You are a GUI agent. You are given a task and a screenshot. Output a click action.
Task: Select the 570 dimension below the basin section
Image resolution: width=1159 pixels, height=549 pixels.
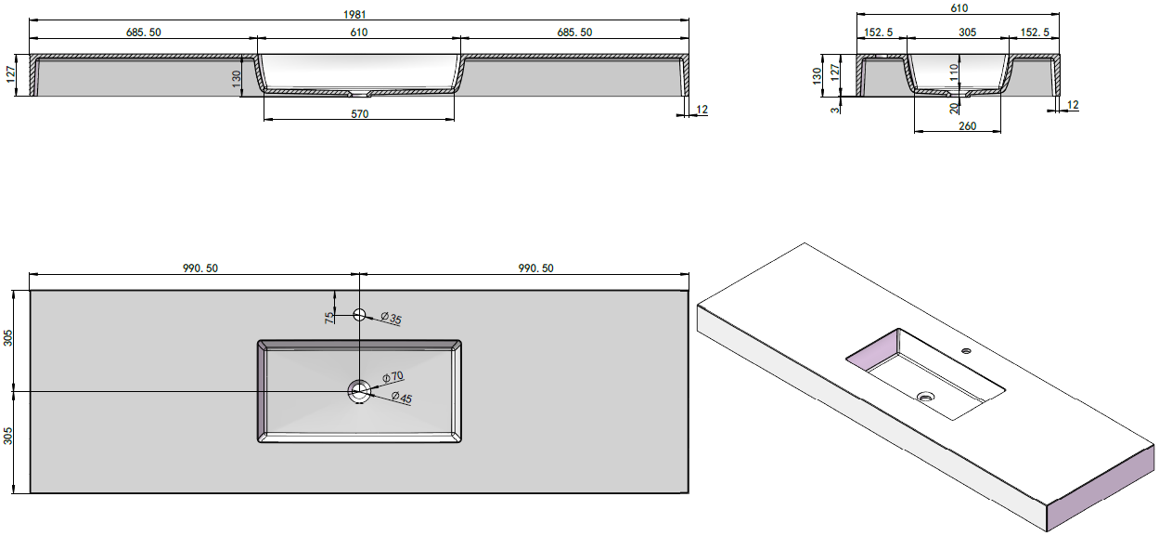click(x=360, y=114)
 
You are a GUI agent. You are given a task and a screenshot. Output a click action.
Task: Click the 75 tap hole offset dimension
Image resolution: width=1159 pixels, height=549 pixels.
click(x=329, y=317)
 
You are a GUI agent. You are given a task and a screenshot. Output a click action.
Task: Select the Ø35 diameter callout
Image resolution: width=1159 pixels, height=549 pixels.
click(x=392, y=320)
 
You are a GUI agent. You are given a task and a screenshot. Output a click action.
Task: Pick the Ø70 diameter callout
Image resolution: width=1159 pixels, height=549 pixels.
click(x=393, y=378)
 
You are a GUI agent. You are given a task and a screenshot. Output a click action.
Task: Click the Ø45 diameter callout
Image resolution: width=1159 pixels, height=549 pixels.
click(x=401, y=398)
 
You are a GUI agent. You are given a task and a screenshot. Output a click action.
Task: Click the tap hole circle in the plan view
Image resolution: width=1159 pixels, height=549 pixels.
click(x=360, y=315)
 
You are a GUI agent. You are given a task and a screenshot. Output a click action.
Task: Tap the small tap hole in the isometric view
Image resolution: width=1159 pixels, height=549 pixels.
click(x=966, y=351)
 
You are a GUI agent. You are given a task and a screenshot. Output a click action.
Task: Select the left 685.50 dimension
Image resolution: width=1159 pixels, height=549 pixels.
click(x=143, y=33)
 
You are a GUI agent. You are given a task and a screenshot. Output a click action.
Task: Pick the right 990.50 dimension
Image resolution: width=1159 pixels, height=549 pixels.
click(x=535, y=268)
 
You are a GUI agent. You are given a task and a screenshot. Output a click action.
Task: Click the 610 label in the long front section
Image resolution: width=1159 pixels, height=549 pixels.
click(x=359, y=33)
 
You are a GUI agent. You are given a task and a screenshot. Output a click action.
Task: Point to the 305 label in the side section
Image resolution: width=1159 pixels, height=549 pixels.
click(x=967, y=33)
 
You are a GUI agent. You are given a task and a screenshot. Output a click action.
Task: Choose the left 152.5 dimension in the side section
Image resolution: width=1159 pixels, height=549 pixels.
click(x=879, y=33)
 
